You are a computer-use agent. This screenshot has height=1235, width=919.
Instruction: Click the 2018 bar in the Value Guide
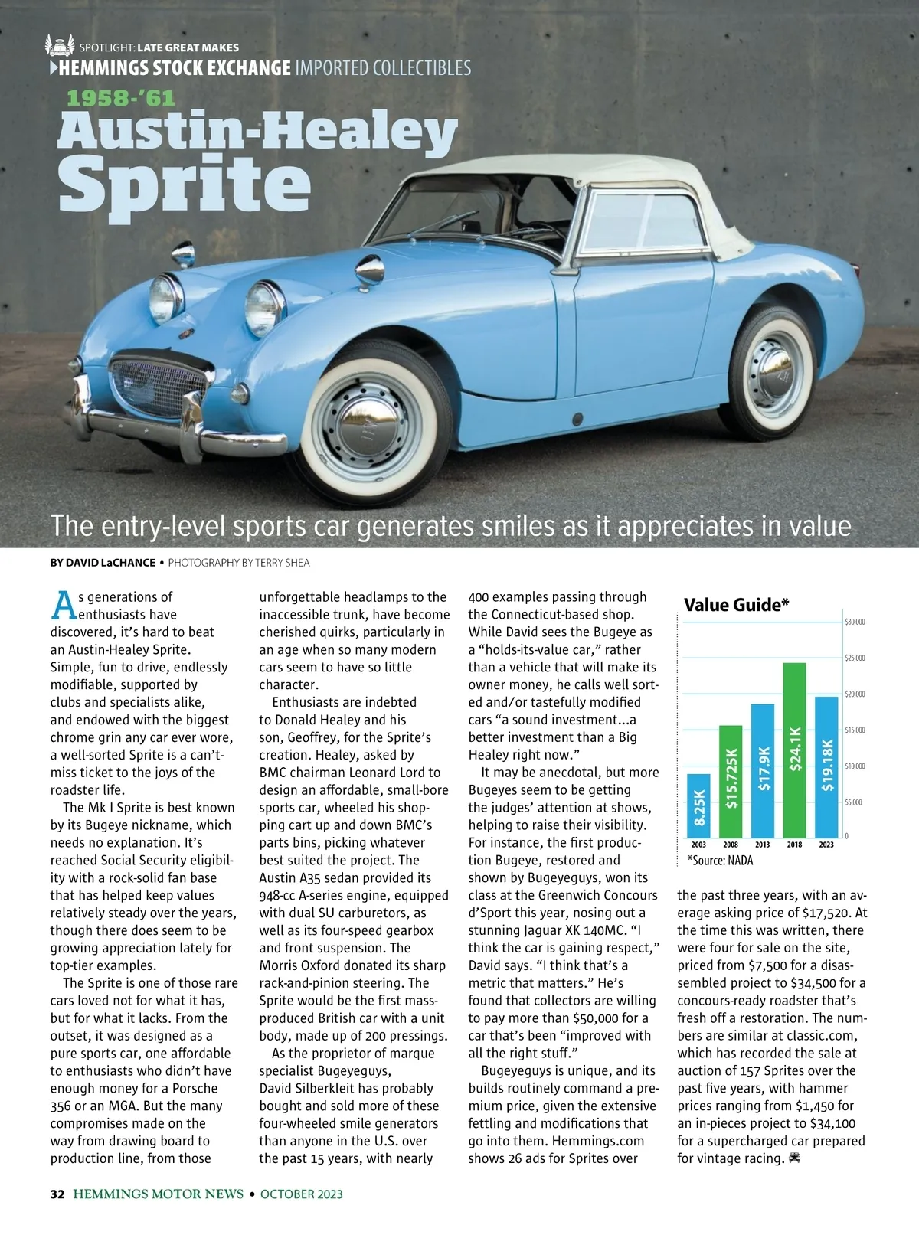(795, 750)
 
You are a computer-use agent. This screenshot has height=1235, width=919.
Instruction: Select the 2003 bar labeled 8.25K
(698, 805)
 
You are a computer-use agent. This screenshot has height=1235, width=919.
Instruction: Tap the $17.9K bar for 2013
(763, 770)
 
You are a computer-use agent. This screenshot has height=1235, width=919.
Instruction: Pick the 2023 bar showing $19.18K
(826, 766)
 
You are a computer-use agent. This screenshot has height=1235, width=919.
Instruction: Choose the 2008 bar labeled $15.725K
(731, 781)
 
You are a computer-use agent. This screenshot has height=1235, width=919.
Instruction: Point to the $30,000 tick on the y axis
(855, 622)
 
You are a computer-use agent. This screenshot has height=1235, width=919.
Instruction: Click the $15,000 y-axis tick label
(855, 730)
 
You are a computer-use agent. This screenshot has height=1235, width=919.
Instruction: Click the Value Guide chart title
(736, 605)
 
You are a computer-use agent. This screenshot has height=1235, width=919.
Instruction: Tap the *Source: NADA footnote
(720, 861)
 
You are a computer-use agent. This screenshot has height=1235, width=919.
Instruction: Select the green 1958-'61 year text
(121, 99)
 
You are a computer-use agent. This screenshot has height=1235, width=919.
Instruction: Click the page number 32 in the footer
(57, 1194)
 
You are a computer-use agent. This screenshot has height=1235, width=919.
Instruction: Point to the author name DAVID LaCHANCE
(103, 563)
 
